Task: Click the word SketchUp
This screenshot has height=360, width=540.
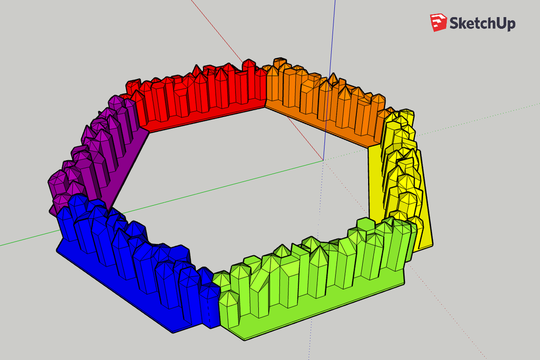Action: click(x=481, y=23)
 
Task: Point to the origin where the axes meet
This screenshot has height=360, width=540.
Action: click(x=323, y=159)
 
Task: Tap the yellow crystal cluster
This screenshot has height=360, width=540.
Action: click(x=401, y=169)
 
